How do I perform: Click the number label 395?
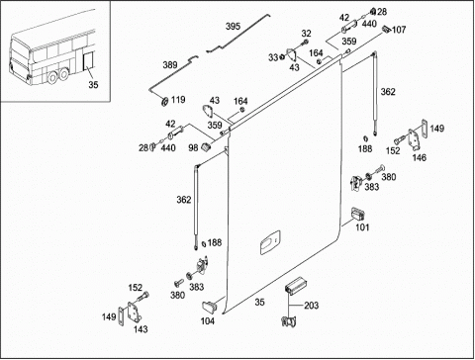[233, 27]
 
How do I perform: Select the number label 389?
[170, 65]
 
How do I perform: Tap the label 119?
[178, 100]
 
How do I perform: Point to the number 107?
[399, 30]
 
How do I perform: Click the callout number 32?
[306, 34]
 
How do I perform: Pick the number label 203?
[311, 306]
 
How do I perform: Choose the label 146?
[420, 157]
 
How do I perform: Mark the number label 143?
[141, 329]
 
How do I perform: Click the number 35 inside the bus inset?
[93, 85]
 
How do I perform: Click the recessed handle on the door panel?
[270, 242]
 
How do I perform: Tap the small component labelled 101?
[357, 215]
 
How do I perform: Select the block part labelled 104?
[209, 306]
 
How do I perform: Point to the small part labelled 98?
[206, 147]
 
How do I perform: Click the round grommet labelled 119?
[163, 101]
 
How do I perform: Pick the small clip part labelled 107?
[387, 30]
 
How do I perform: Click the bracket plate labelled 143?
[134, 314]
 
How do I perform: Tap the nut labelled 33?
[282, 57]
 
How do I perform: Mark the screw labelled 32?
[305, 43]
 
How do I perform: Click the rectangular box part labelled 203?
[296, 285]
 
